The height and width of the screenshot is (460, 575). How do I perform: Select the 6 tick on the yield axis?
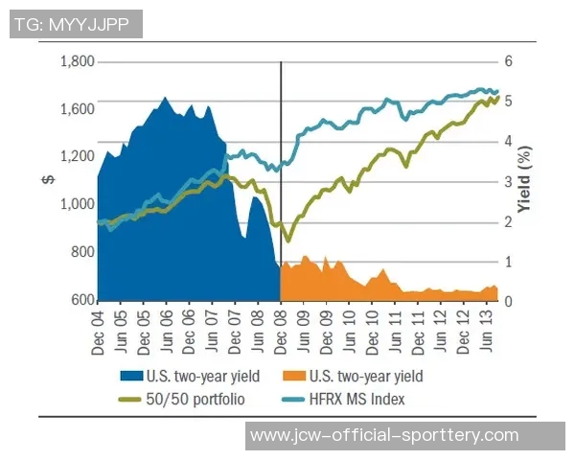click(510, 61)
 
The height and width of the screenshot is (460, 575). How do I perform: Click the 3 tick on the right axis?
click(510, 181)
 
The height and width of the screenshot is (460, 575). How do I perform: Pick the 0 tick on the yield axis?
click(510, 301)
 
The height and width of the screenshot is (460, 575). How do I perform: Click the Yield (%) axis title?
click(526, 182)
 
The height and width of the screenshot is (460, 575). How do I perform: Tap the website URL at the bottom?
click(383, 436)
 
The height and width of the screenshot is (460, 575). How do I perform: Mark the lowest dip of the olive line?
click(286, 241)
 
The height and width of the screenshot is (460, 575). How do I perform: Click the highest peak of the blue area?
click(165, 98)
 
